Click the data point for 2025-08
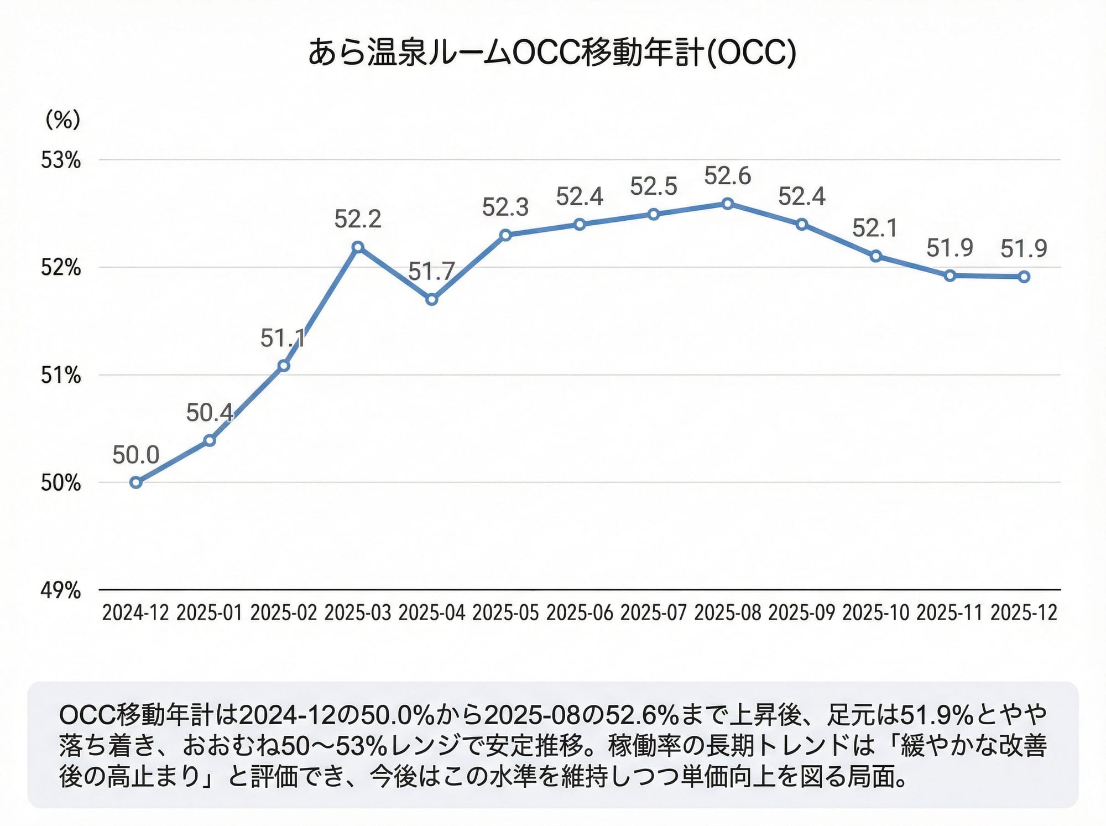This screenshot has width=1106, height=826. pos(728,204)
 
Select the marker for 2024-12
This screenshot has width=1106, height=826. pos(136,482)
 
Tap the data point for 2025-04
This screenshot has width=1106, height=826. pos(432,300)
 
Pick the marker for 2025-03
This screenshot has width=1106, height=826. pos(358,247)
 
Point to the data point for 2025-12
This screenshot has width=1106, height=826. pos(1024,277)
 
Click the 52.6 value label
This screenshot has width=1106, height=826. pos(727,176)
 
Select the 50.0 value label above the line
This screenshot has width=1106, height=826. pos(135,455)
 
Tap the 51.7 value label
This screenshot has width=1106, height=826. pos(431,272)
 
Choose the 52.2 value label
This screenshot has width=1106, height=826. pos(358,219)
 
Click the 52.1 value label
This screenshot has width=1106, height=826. pos(875,228)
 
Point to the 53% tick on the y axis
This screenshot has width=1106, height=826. pos(61,160)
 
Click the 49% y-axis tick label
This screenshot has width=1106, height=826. pos(61,590)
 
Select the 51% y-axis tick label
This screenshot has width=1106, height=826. pos(61,376)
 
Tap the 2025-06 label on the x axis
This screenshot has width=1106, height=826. pos(580,613)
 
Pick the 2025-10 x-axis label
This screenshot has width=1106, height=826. pos(875,613)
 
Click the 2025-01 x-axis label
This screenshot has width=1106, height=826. pos(210,613)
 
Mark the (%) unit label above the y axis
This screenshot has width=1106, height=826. pos(63,119)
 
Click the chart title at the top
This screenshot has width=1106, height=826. pos(552,53)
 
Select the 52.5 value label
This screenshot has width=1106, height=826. pos(654,186)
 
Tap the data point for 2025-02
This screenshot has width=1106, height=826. pos(284,366)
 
